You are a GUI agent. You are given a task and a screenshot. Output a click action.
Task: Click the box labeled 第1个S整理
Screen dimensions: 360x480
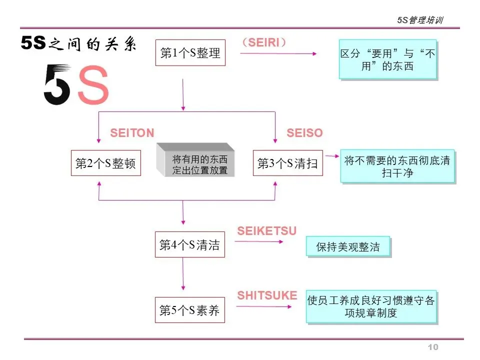coord(190,53)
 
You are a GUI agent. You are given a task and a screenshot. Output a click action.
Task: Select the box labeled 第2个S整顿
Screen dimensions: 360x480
coord(105,163)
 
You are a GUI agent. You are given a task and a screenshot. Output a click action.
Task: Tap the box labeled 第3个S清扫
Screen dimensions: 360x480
coord(287,163)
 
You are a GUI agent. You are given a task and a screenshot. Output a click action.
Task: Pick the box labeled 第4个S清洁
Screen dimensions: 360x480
coord(189,244)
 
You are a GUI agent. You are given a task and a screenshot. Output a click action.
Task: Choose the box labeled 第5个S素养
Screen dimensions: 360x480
coord(189,310)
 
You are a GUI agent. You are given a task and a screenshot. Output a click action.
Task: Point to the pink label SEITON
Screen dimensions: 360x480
coord(132,133)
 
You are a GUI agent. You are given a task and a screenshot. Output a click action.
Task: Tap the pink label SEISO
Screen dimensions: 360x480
coord(304,133)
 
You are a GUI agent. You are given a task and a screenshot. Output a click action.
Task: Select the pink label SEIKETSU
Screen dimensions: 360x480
coord(266,230)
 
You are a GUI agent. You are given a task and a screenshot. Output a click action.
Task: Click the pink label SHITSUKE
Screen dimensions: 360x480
coord(267,295)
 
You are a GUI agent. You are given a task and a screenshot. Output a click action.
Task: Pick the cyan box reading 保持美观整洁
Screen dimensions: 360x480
coord(348,246)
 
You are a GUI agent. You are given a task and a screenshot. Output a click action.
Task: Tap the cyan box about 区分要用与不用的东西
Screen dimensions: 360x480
coord(387,59)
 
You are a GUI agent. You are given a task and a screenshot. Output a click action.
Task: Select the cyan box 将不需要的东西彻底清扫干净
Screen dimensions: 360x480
coord(397,167)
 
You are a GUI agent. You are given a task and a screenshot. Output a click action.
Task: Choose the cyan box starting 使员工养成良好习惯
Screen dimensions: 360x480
coord(371,306)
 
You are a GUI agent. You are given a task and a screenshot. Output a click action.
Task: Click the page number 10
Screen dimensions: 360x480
coord(433,347)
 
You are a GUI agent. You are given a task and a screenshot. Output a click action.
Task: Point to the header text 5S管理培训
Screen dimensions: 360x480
coord(420,20)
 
